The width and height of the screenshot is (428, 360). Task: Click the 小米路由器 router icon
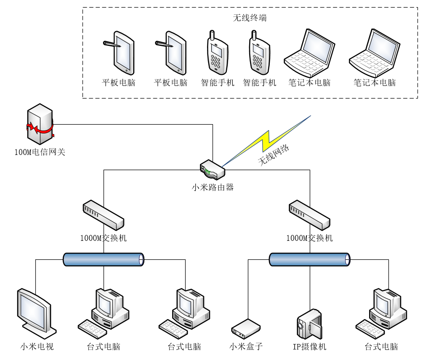pyautogui.click(x=213, y=170)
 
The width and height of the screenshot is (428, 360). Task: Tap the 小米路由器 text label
pyautogui.click(x=213, y=187)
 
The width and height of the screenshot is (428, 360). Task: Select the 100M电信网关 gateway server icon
pyautogui.click(x=40, y=124)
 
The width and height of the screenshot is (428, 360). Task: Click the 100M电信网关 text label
pyautogui.click(x=40, y=152)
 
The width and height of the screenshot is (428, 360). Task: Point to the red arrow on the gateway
pyautogui.click(x=40, y=128)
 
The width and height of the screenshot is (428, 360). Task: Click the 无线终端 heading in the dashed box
pyautogui.click(x=250, y=18)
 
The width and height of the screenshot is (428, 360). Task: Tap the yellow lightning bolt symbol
pyautogui.click(x=266, y=141)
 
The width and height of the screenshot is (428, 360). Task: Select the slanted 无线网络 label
pyautogui.click(x=274, y=155)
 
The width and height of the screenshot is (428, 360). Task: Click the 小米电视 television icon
pyautogui.click(x=37, y=313)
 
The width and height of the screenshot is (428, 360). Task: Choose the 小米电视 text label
pyautogui.click(x=37, y=347)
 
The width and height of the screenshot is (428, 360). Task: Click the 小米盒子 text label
pyautogui.click(x=246, y=347)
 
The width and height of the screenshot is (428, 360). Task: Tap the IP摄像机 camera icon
pyautogui.click(x=310, y=324)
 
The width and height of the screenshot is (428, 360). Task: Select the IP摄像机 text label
pyautogui.click(x=310, y=347)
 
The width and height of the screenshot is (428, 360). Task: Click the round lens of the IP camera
pyautogui.click(x=300, y=325)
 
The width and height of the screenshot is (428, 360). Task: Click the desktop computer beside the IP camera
pyautogui.click(x=381, y=313)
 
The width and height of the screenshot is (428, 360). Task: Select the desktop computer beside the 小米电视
pyautogui.click(x=104, y=313)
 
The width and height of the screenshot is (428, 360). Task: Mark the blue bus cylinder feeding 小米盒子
pyautogui.click(x=310, y=259)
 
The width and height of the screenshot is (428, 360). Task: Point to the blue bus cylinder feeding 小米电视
pyautogui.click(x=104, y=259)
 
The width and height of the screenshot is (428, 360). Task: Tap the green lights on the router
pyautogui.click(x=208, y=171)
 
